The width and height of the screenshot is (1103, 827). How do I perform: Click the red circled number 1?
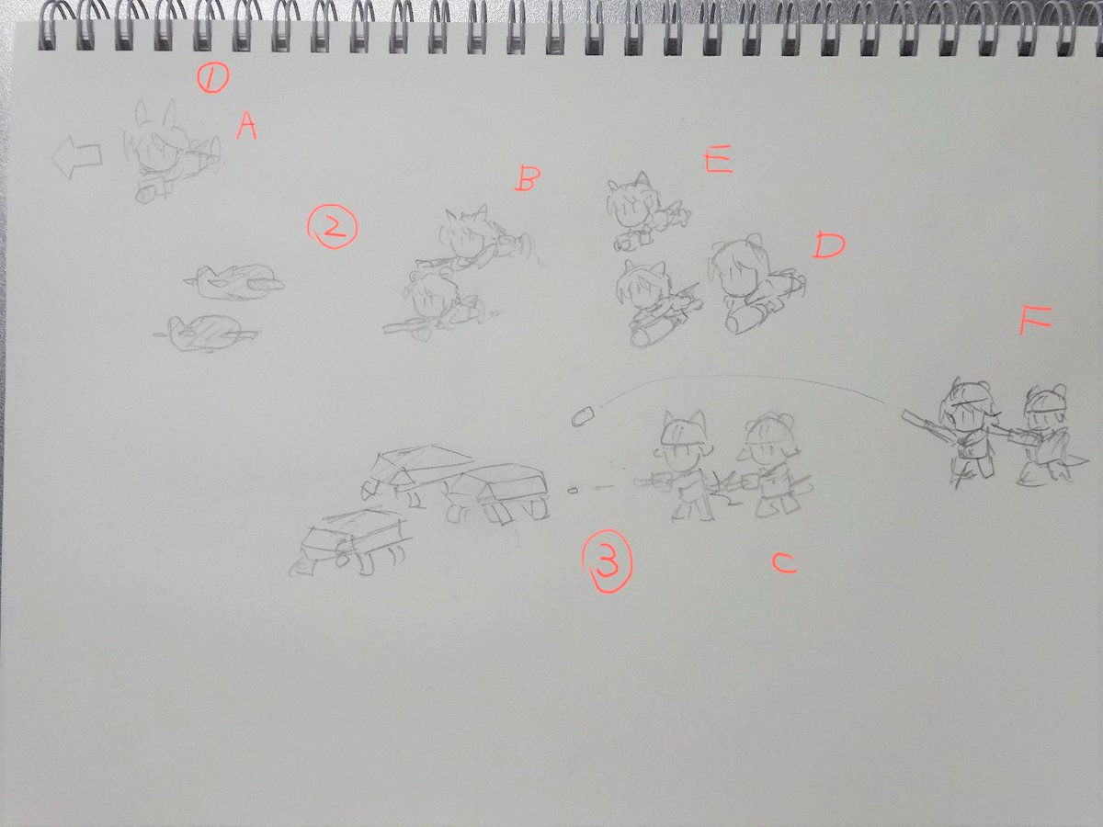coord(212,79)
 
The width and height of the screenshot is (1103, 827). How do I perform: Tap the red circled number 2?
coord(332,229)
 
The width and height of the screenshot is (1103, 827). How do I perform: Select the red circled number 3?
coord(607,561)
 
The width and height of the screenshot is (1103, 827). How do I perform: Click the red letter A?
coord(246,126)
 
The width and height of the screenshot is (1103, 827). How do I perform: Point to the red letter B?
coord(527,180)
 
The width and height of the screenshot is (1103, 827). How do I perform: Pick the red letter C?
coord(784,563)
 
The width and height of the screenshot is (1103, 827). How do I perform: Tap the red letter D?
coord(829,245)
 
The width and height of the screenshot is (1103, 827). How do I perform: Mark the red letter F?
coord(1035,321)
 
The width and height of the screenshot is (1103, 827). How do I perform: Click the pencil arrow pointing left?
coord(77,157)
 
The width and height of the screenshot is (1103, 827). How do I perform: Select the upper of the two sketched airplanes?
coord(234,283)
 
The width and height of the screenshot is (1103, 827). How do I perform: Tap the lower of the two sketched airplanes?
coord(206,333)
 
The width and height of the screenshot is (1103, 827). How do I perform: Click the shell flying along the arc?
coord(583,416)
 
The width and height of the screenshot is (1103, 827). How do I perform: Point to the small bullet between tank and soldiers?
coord(573,490)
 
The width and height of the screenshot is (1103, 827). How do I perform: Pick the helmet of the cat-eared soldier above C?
coord(681,432)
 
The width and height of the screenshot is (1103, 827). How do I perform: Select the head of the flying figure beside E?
coord(629,206)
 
